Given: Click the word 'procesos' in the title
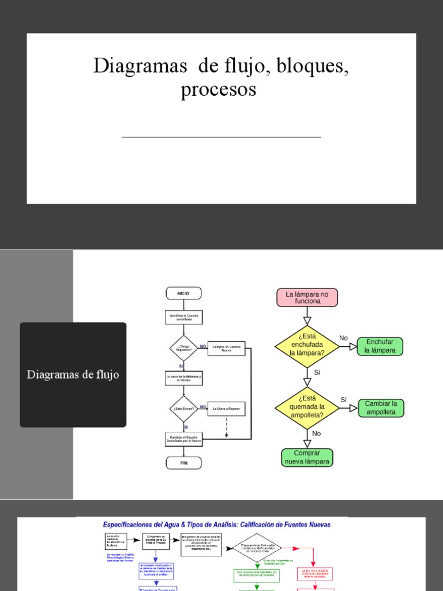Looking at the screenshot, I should point(218,91).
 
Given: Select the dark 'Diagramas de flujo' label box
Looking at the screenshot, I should point(73,375).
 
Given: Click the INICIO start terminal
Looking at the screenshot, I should point(183,293).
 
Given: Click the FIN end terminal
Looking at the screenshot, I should point(183,463).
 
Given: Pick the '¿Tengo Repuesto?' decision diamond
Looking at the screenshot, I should point(183,348).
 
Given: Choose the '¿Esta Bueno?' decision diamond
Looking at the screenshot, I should point(183,409).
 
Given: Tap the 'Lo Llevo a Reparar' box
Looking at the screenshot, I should point(226,409).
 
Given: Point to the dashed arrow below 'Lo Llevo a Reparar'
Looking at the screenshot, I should point(226,427).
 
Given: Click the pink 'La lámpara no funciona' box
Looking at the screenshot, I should point(307,297).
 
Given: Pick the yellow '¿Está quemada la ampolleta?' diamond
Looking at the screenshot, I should point(307,406).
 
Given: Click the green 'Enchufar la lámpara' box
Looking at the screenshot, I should point(380,346).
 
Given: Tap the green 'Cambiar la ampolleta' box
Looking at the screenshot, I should point(381,407).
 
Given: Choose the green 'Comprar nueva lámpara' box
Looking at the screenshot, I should point(307,457).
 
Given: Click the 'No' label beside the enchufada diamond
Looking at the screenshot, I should point(344,338).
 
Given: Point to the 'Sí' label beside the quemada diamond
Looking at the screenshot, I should point(344,399).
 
